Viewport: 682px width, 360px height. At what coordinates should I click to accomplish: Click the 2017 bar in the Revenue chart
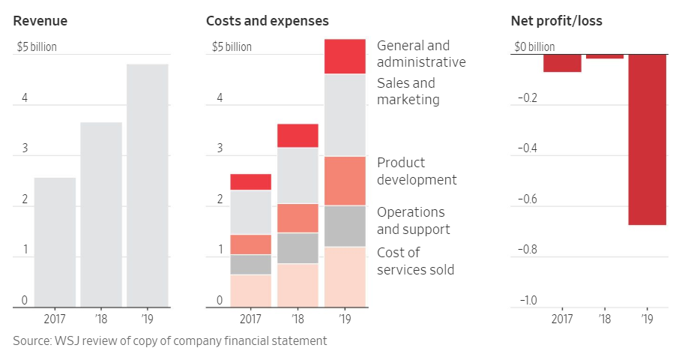click(55, 242)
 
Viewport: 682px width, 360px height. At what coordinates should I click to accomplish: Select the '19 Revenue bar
click(147, 185)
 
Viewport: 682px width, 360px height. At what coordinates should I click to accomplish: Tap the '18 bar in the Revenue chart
click(101, 214)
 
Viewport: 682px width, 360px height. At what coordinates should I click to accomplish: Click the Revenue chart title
click(40, 21)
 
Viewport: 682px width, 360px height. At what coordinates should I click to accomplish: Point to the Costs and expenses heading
click(267, 21)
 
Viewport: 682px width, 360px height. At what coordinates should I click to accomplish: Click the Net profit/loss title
click(556, 21)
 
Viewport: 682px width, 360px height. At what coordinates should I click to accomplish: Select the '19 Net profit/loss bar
click(648, 139)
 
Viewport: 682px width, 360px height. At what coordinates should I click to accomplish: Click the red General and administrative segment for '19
click(345, 56)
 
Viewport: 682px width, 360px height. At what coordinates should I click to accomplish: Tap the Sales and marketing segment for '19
click(345, 115)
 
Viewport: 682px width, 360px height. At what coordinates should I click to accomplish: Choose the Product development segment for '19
click(345, 181)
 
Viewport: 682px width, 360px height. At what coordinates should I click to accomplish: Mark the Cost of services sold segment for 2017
click(250, 291)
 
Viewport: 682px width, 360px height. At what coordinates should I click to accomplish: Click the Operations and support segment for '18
click(298, 248)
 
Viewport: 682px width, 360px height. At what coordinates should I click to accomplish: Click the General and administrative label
click(420, 54)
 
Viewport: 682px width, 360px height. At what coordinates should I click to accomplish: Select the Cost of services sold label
click(415, 261)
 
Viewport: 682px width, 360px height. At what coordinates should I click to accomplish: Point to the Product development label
click(416, 171)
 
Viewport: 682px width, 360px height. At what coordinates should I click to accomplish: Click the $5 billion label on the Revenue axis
click(37, 47)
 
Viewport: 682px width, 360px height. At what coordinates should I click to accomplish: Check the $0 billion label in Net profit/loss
click(534, 47)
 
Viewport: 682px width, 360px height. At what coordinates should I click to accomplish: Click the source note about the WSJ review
click(170, 340)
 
